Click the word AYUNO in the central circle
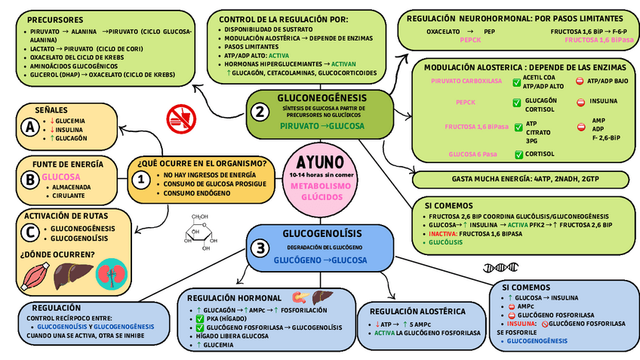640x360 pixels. click(320, 162)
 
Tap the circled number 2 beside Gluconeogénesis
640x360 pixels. click(260, 112)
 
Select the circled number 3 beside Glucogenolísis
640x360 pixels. click(260, 248)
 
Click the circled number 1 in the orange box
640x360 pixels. click(141, 180)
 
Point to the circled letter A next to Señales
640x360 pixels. click(30, 128)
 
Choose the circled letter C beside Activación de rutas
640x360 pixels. click(30, 232)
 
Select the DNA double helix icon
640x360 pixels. click(500, 267)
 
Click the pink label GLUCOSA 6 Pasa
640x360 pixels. click(472, 154)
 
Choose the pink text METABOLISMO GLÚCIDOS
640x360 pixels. click(320, 191)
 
